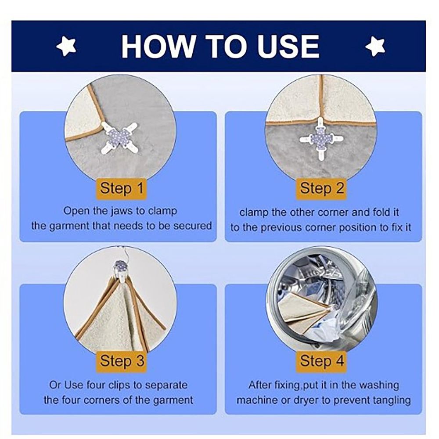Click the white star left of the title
point(66,46)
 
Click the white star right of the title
point(376,46)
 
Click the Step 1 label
point(122,188)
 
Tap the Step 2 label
point(321,188)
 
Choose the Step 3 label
point(122,361)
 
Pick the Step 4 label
point(321,361)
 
